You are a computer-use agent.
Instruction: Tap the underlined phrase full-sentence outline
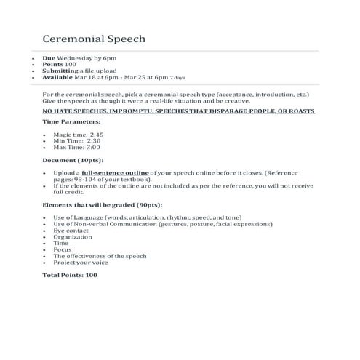pos(110,172)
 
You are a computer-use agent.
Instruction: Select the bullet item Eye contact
pos(70,231)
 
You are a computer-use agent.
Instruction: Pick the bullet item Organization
pos(73,236)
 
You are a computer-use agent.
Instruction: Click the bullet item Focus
pos(63,249)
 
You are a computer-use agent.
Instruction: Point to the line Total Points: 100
pos(70,275)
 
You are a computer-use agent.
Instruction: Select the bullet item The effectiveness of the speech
pos(100,256)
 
